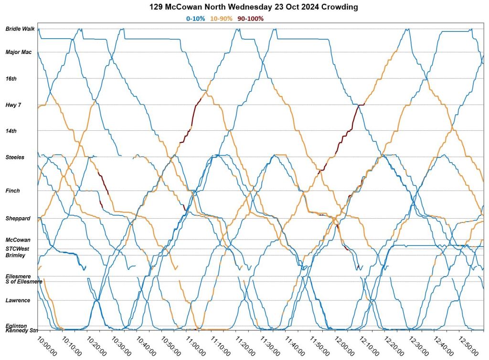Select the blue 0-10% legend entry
(196, 19)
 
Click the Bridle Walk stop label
(20, 29)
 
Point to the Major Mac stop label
(19, 52)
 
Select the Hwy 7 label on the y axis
(13, 105)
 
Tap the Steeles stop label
(15, 157)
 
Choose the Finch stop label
(13, 191)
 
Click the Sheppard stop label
(18, 218)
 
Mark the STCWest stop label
(17, 249)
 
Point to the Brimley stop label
(15, 255)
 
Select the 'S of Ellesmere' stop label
(24, 282)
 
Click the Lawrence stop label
(18, 300)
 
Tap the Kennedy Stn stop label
(21, 330)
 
